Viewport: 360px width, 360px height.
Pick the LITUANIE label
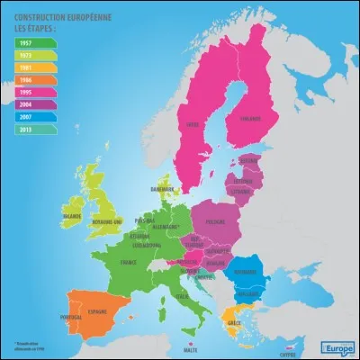click(240, 191)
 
